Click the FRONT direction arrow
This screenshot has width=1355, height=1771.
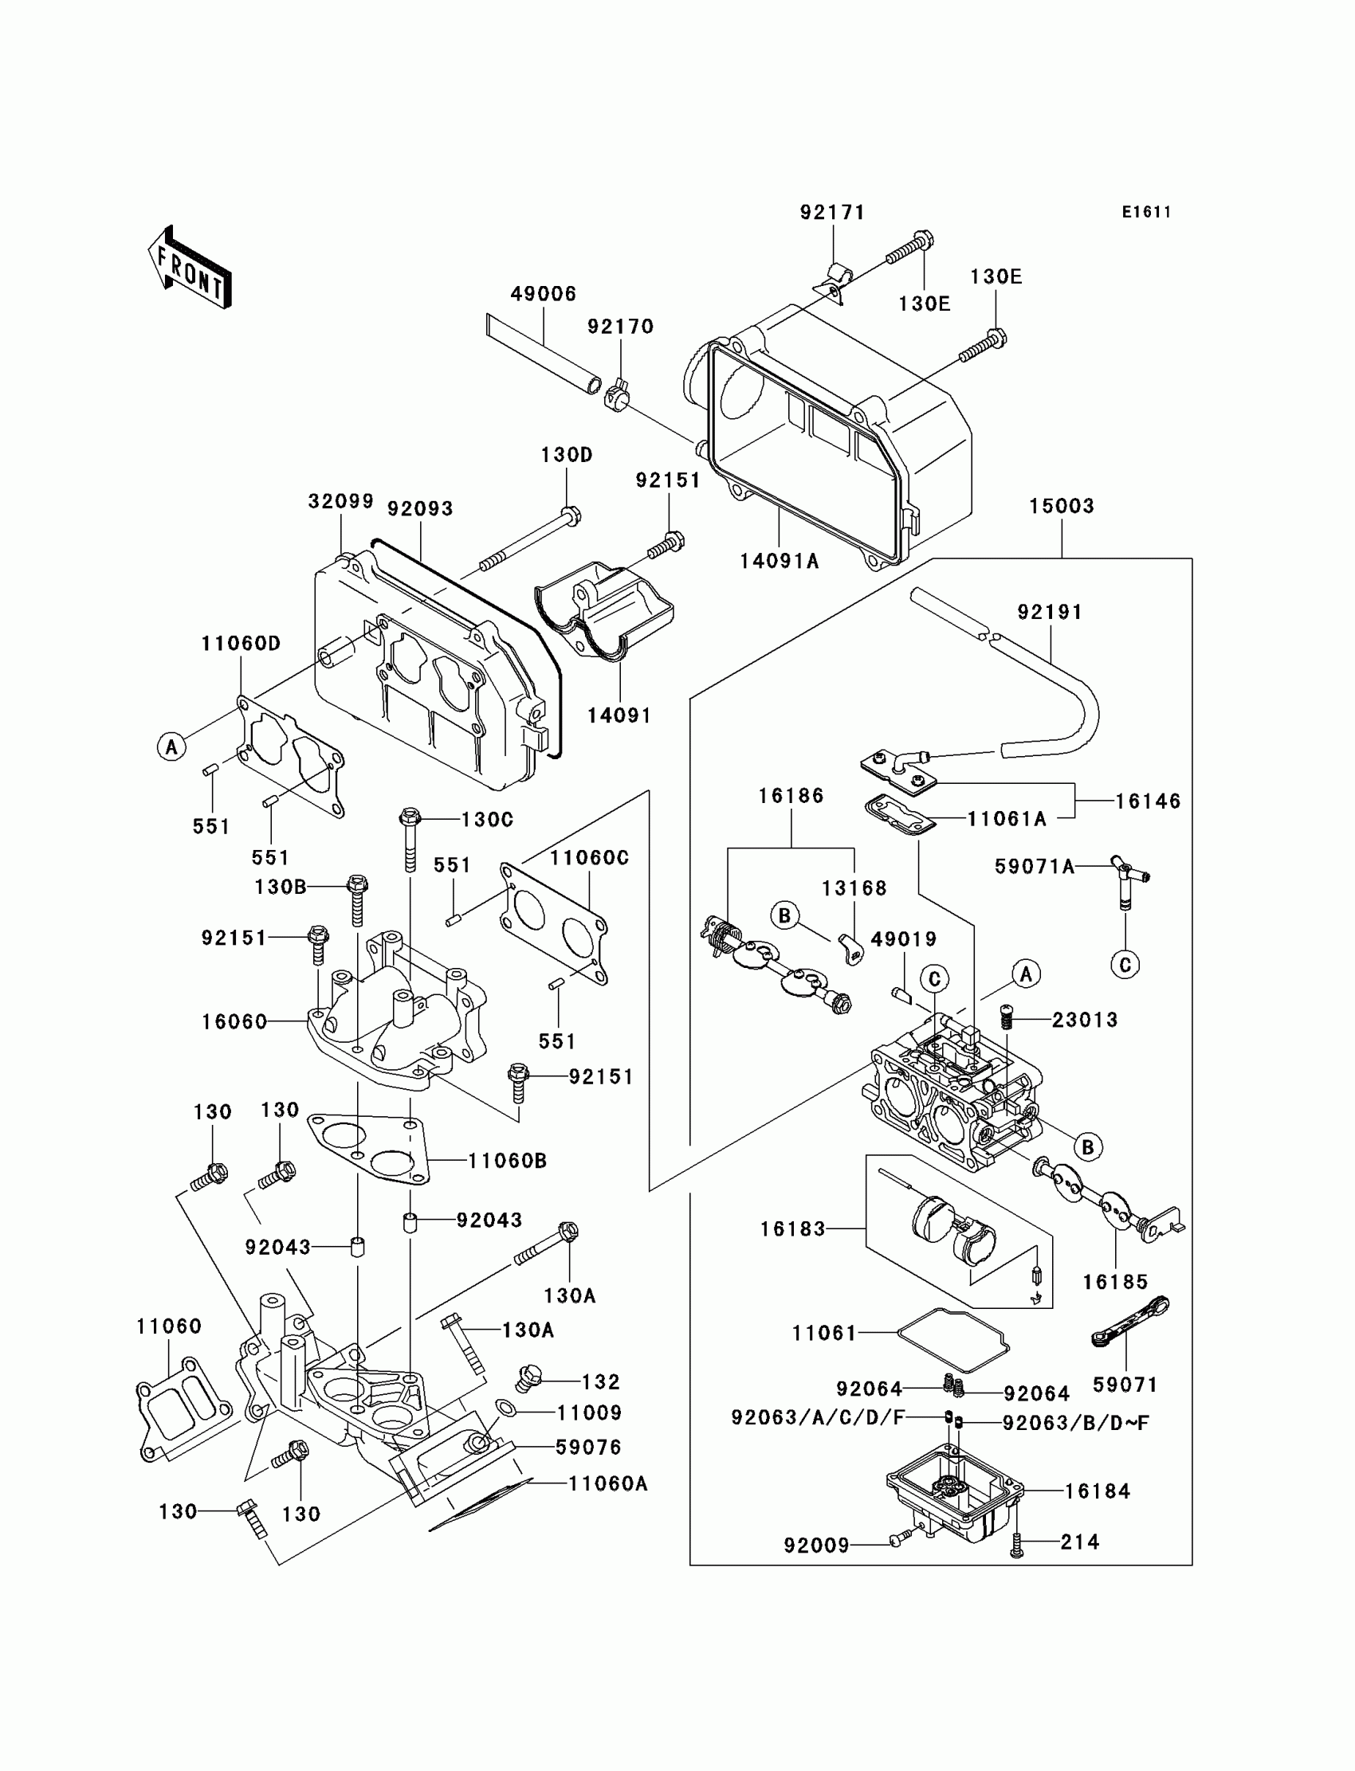pos(190,267)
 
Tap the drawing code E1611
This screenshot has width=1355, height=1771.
pos(1146,212)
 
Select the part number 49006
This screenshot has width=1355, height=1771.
pos(544,293)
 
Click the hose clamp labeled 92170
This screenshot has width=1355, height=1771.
pos(617,394)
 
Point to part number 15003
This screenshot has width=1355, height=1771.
pos(1062,506)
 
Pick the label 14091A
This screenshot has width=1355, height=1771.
pos(780,561)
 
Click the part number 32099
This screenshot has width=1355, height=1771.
pos(341,501)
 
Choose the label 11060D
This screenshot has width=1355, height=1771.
pos(242,643)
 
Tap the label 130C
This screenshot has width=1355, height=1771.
pos(487,820)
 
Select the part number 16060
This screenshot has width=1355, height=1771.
pos(234,1022)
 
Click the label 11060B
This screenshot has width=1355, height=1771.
pos(507,1161)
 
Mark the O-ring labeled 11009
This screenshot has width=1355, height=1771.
pos(505,1409)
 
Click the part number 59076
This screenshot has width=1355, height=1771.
pos(589,1448)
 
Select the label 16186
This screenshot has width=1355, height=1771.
pos(791,796)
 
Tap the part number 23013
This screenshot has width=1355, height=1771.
pos(1085,1020)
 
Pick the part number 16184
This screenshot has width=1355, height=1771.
pos(1098,1491)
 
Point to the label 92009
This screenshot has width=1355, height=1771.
pos(816,1546)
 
